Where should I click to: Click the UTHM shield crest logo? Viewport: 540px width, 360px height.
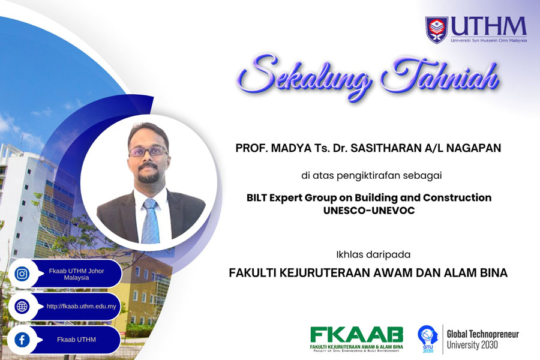(437, 29)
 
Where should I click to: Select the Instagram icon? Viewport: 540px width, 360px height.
(22, 274)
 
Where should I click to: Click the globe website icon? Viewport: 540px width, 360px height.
(22, 306)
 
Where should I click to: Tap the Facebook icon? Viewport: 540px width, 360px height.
(22, 340)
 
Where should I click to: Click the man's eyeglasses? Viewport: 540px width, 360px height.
(148, 151)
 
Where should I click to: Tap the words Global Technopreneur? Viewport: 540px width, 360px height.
(482, 334)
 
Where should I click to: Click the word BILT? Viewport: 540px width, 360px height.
(259, 198)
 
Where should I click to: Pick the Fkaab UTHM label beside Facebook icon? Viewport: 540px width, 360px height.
(76, 340)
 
